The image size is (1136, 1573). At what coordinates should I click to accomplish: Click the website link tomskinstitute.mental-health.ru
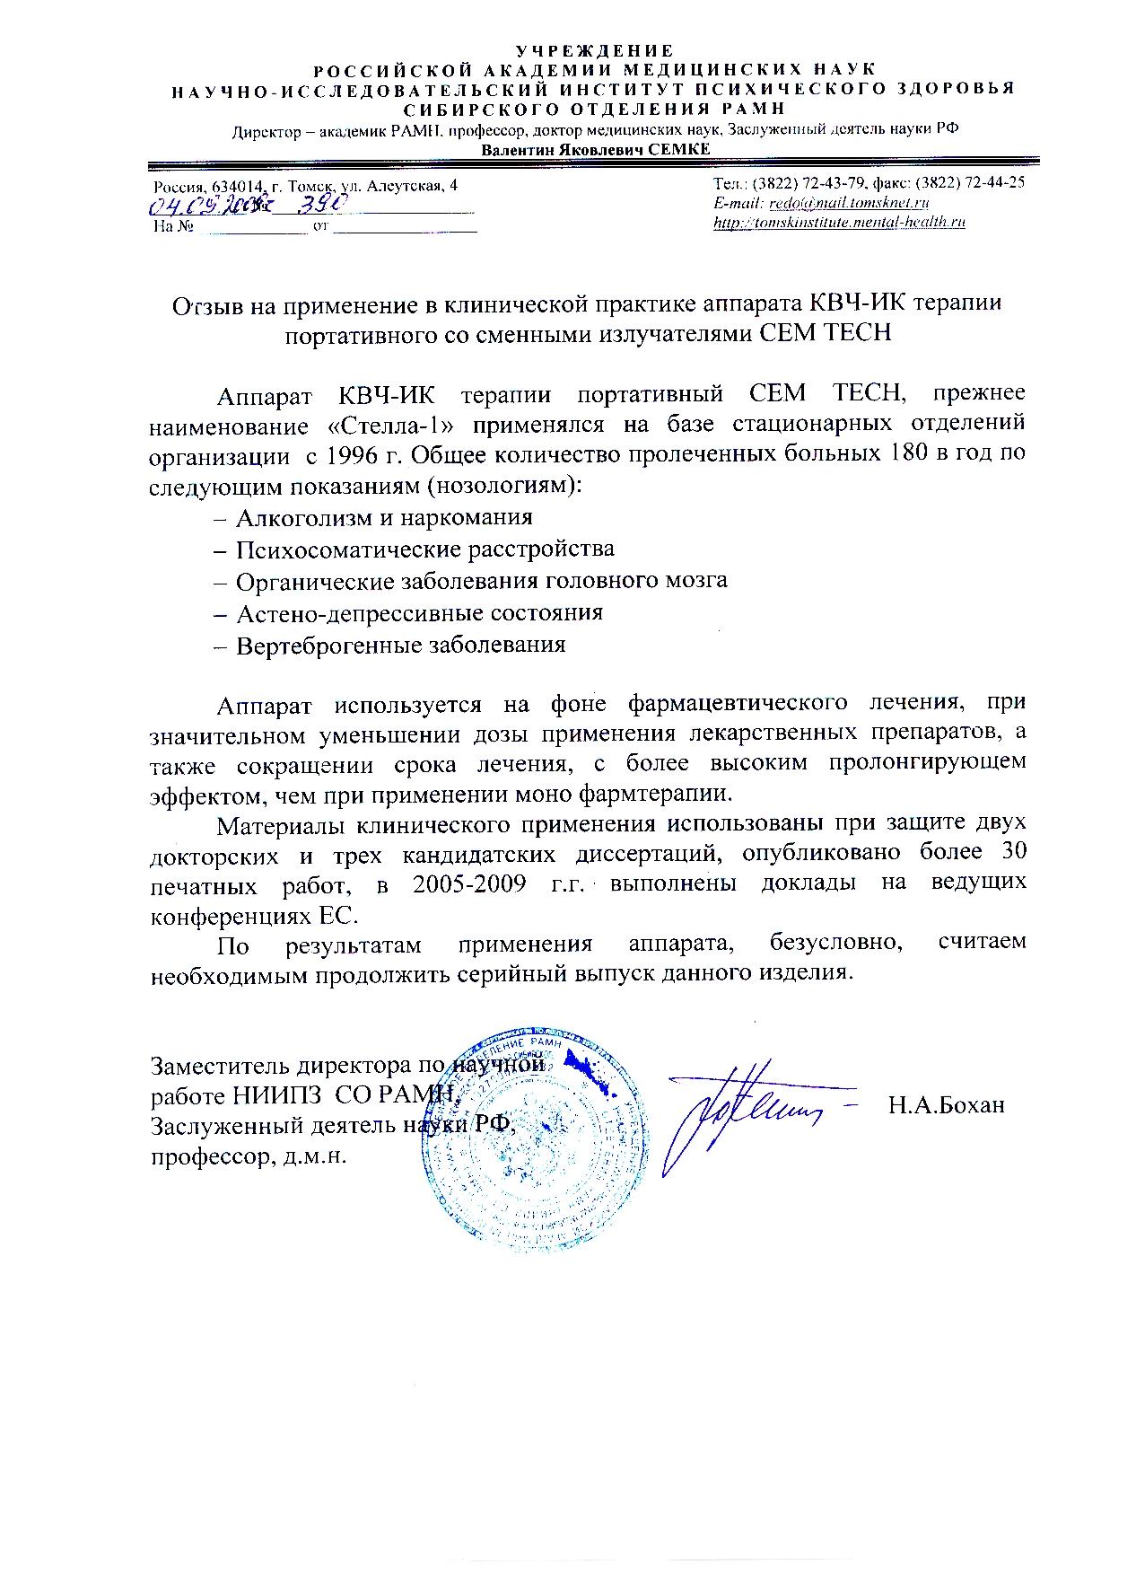(x=839, y=223)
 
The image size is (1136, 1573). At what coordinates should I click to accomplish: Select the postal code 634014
(x=236, y=186)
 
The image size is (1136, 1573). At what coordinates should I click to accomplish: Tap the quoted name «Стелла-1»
(x=384, y=423)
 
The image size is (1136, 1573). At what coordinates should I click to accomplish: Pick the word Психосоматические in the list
(x=335, y=549)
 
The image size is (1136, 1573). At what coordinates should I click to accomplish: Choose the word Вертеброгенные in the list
(x=317, y=645)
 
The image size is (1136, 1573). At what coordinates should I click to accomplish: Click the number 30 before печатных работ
(x=1010, y=851)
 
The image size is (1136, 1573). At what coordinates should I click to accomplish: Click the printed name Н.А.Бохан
(x=946, y=1105)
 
